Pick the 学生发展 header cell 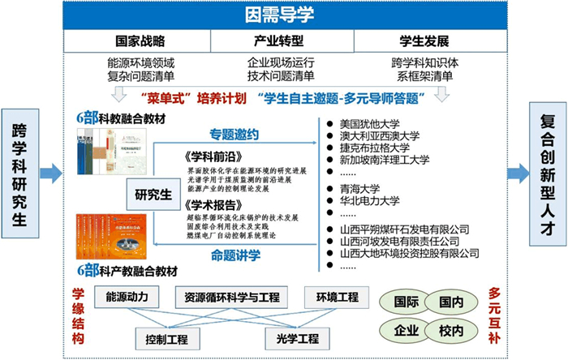tap(424, 41)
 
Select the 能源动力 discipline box tap(122, 297)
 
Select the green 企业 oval tap(407, 331)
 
